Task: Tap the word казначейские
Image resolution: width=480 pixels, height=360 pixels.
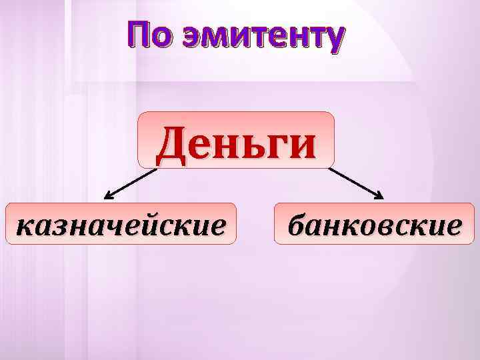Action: pyautogui.click(x=121, y=225)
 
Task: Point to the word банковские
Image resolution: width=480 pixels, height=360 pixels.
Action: pyautogui.click(x=374, y=225)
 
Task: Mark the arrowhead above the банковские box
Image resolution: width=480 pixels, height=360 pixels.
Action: pyautogui.click(x=379, y=196)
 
